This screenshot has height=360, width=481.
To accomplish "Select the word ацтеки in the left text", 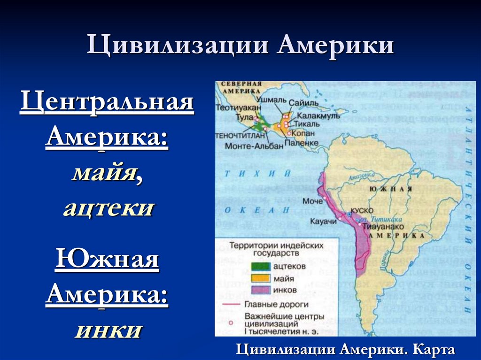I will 108,207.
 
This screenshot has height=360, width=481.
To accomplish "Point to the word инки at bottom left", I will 108,330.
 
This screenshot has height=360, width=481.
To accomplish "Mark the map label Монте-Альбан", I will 254,146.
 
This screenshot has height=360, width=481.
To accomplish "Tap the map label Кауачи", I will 323,221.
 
